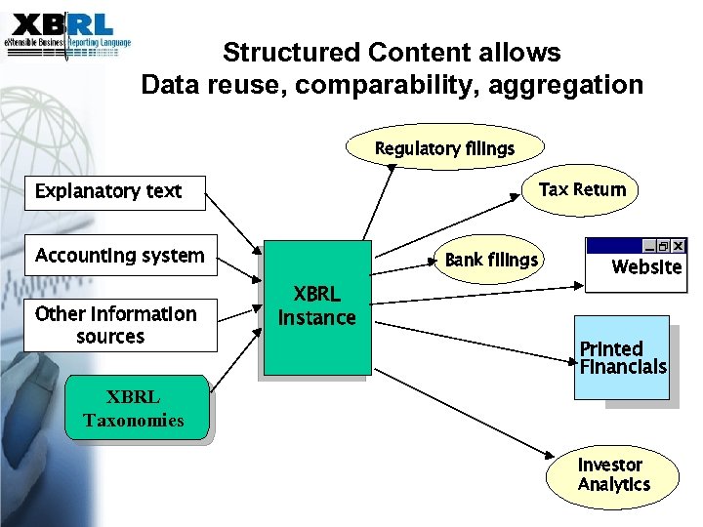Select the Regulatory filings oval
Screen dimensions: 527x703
click(x=444, y=148)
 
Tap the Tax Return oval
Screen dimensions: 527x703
click(x=582, y=189)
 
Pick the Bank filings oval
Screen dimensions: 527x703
click(x=490, y=260)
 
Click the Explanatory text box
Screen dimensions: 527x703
click(x=116, y=191)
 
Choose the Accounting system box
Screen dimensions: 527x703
click(x=120, y=257)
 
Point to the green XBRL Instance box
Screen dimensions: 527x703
click(x=317, y=306)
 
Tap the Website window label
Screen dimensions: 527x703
click(x=645, y=266)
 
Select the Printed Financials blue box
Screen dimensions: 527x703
click(x=622, y=357)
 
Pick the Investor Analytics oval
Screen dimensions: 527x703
click(x=613, y=474)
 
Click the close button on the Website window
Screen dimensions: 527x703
click(x=678, y=246)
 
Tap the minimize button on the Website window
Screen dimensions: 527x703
click(x=649, y=246)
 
